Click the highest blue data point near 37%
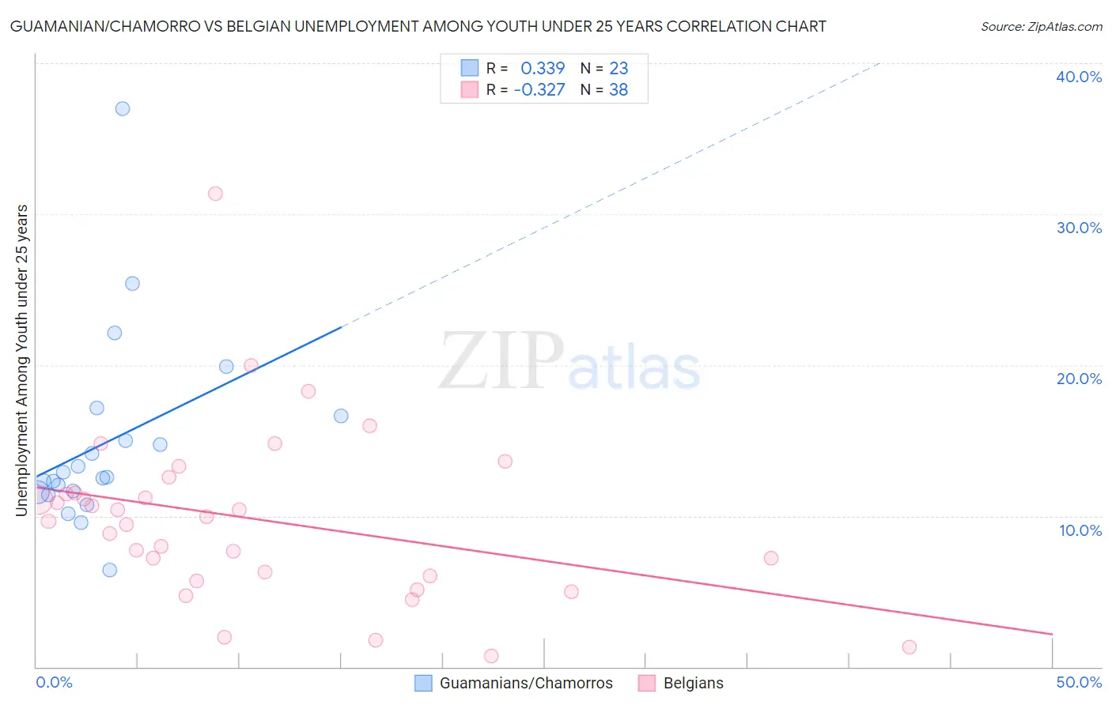123,109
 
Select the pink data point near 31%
215,194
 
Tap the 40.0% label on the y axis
1079,77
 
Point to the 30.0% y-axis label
1079,228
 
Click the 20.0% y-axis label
1079,379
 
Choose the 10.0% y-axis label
1080,530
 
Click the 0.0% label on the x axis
54,682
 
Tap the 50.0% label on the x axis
1079,682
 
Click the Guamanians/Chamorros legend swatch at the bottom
424,684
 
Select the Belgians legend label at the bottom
693,684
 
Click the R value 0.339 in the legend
543,69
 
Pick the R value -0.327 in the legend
539,90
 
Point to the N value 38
618,90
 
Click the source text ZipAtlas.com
1042,27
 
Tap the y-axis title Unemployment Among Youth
21,360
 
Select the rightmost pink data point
910,647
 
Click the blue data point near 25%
132,284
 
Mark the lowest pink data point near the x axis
491,656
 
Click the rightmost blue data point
341,416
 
